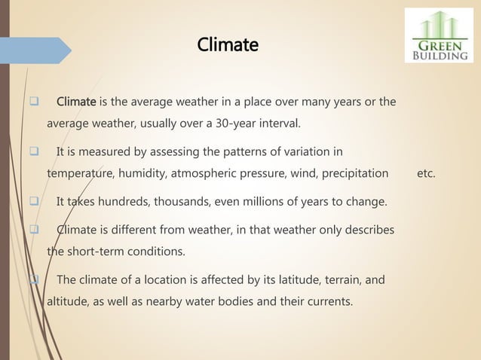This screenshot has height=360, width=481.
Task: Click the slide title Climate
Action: (227, 45)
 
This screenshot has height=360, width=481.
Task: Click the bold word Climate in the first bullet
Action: (76, 102)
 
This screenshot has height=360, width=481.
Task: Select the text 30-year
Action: (235, 123)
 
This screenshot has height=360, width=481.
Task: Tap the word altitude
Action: (66, 302)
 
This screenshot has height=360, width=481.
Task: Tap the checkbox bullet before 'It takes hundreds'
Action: (35, 201)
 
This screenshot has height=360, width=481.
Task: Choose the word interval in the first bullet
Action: (277, 123)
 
